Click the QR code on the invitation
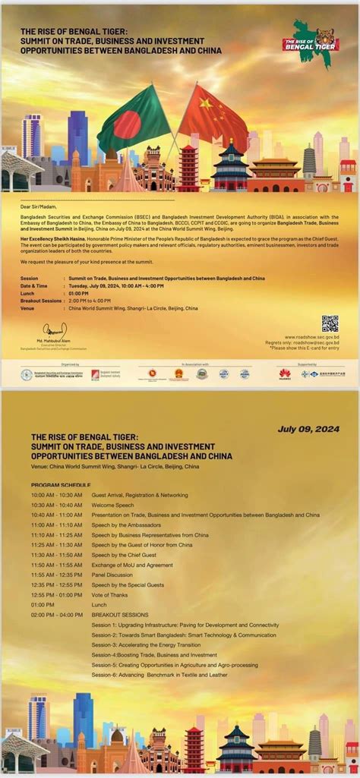point(330,323)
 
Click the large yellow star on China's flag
point(206,103)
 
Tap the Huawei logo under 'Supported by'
point(285,373)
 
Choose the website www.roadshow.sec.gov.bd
point(312,337)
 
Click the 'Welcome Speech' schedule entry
point(113,505)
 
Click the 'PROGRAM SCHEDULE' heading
point(61,484)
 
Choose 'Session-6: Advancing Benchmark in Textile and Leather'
point(159,674)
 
